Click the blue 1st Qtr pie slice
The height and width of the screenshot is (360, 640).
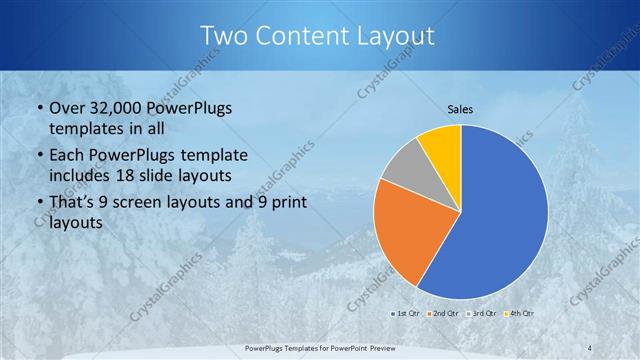coord(500,215)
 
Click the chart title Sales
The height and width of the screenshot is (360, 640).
coord(460,109)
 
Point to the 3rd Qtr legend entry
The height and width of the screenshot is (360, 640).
coord(482,313)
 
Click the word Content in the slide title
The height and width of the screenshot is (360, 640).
coord(311,36)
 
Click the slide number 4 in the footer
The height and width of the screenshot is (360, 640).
coord(589,347)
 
